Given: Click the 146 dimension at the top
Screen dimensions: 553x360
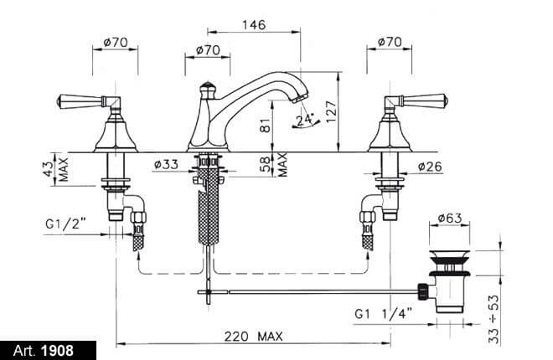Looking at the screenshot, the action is pos(254,25).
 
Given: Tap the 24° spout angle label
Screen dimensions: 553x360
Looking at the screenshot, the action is pos(305,120).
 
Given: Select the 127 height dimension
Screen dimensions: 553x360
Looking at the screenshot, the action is pos(332,111).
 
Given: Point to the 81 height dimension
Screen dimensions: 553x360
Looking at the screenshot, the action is pos(266,125).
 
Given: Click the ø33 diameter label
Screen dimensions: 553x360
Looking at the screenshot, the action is pos(166,164).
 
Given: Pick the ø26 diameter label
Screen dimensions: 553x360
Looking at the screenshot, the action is pos(430,167).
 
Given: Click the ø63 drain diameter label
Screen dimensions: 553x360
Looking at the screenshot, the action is pos(450,218).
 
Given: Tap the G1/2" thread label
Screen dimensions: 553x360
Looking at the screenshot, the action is pos(65,224).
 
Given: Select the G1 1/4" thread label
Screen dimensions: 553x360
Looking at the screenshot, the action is pos(384,313).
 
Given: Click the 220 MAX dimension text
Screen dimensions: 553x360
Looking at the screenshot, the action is pos(254,336).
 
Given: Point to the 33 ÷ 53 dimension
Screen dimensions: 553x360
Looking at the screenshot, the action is pos(494,319).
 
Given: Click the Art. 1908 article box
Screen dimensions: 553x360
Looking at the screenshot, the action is pos(48,351).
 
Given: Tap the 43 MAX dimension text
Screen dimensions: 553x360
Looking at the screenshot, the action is pos(58,169).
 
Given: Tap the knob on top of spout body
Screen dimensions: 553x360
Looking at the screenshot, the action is pos(207,89).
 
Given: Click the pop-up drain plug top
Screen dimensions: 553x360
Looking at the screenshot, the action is pos(449,255).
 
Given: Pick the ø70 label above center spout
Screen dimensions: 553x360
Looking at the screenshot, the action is pos(208,49).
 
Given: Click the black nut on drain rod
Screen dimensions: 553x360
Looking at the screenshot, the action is pos(422,291).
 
